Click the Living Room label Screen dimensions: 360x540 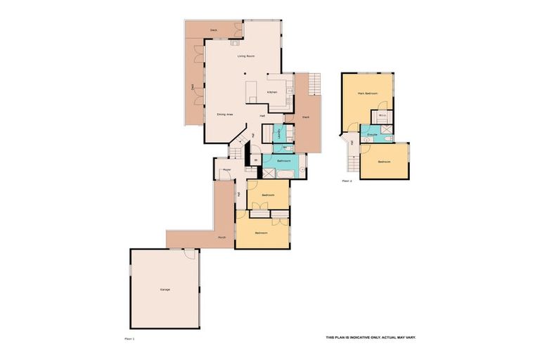click(x=245, y=56)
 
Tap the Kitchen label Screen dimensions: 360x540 click(x=272, y=92)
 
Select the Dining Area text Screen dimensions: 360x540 click(x=225, y=113)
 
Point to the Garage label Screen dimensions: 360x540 click(x=165, y=290)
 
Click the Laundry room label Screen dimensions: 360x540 click(x=280, y=133)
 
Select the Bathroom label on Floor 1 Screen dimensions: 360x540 click(x=283, y=162)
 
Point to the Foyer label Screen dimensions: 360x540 click(x=226, y=170)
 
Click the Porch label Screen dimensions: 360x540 click(x=221, y=238)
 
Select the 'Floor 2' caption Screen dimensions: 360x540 click(x=346, y=181)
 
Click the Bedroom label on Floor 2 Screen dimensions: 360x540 click(x=383, y=162)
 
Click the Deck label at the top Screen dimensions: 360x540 click(x=214, y=30)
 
